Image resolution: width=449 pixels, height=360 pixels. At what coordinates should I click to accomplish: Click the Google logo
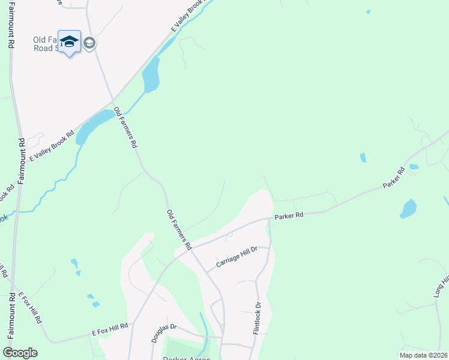click(20, 353)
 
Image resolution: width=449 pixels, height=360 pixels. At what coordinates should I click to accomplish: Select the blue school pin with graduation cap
click(70, 41)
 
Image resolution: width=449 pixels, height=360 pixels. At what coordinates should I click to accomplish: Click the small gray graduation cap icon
click(89, 43)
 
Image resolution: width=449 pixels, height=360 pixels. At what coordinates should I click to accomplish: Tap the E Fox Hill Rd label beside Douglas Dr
click(110, 329)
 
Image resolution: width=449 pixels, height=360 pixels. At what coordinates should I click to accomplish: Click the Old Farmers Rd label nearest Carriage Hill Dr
click(179, 229)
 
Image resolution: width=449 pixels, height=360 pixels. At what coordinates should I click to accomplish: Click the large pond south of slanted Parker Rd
click(408, 209)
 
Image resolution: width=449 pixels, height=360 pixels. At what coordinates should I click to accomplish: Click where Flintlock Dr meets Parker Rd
click(268, 219)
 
